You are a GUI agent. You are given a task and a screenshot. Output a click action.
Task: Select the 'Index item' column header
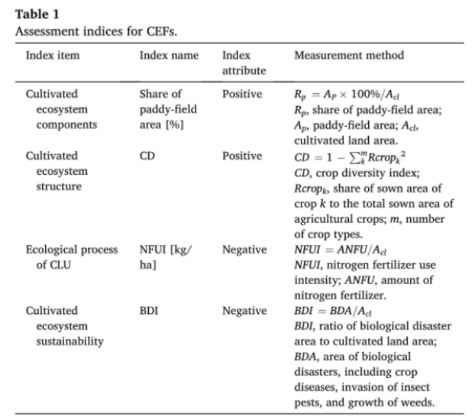[x=52, y=55]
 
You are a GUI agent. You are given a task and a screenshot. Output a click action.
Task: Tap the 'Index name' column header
[x=169, y=55]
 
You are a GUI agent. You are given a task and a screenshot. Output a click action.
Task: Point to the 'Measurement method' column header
[x=349, y=55]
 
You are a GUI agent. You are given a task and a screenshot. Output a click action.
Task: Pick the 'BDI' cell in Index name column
[x=149, y=311]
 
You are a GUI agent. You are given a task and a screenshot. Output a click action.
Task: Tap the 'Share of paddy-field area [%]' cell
[x=168, y=109]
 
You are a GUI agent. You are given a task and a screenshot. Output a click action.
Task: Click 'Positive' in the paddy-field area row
[x=242, y=94]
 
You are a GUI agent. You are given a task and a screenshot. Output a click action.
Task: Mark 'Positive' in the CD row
[x=242, y=156]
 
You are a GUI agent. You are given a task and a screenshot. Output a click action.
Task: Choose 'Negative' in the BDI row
[x=245, y=311]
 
